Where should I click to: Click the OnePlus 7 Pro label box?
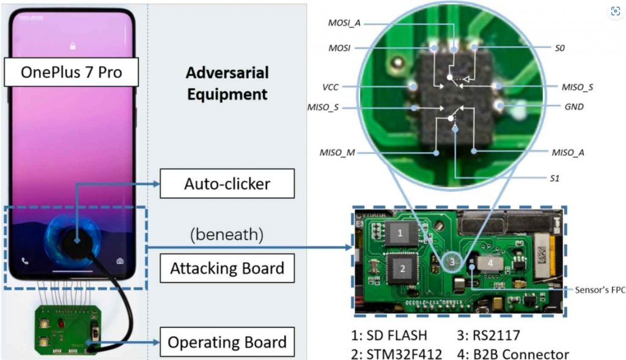(x=72, y=73)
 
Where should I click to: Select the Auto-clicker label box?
(x=227, y=182)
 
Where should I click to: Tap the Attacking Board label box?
(x=227, y=268)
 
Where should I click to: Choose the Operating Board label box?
(x=227, y=342)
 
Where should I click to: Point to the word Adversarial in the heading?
(x=227, y=73)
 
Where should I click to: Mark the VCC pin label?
(x=330, y=87)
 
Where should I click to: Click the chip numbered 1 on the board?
(x=400, y=233)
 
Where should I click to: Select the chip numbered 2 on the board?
(x=402, y=268)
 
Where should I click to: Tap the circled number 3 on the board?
(x=452, y=262)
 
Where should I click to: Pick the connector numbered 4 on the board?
(x=490, y=262)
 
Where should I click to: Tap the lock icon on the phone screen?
(x=73, y=46)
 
